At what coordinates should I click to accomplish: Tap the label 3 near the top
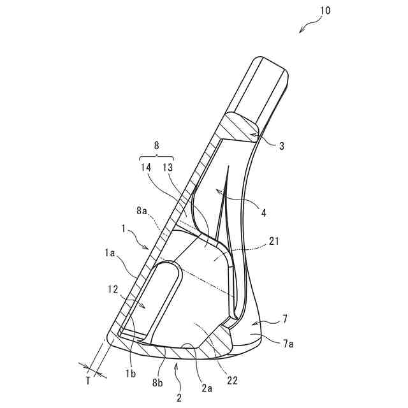(281, 145)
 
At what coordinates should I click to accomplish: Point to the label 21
(275, 242)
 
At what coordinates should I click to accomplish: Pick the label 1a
(110, 254)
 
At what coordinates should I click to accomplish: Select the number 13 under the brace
(168, 168)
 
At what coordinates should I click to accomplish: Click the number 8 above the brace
(157, 145)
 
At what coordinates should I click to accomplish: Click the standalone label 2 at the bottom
(179, 397)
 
